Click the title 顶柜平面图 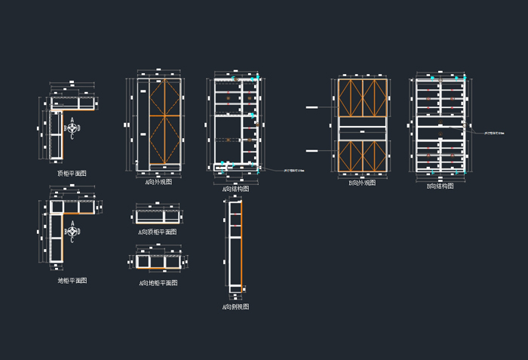[72, 173]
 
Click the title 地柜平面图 [72, 280]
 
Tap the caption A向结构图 [235, 189]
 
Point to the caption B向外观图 [363, 183]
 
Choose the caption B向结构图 [441, 186]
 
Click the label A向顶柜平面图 [158, 232]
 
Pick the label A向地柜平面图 [158, 283]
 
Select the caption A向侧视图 [235, 306]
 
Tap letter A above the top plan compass [72, 120]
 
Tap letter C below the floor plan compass [72, 241]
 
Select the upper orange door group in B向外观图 [363, 97]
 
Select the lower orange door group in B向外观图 [363, 155]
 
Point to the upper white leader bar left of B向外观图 [311, 109]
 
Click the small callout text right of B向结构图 [479, 133]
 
